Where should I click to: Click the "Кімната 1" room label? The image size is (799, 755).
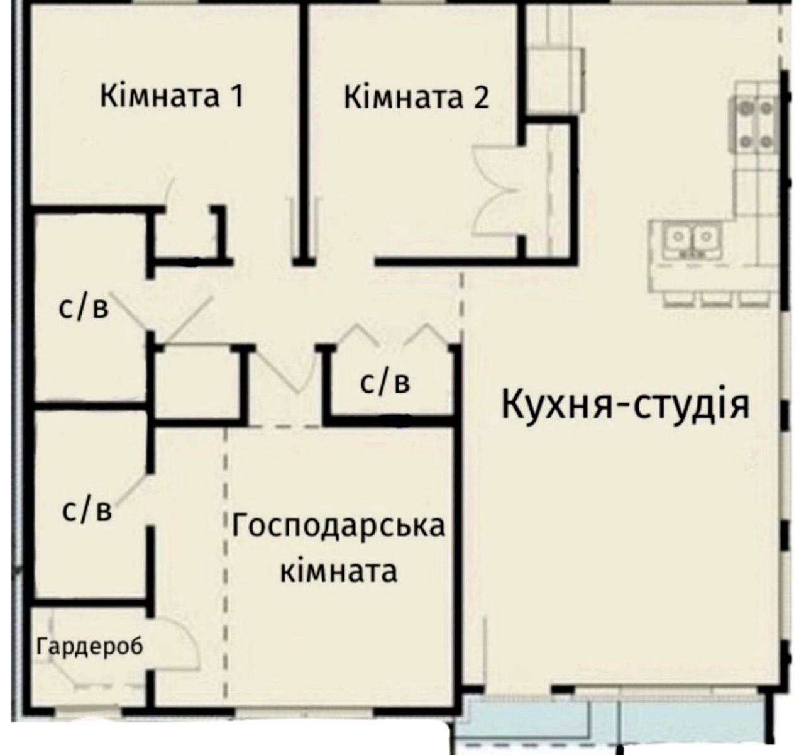point(171,98)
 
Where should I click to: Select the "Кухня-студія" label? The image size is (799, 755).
point(625,405)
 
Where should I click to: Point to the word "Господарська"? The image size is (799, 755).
point(338,526)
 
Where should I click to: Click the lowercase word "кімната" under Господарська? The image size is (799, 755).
point(338,572)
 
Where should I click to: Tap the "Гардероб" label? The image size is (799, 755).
point(89,646)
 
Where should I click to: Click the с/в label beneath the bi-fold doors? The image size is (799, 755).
point(385,382)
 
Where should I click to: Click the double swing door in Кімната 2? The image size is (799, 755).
point(497,189)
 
